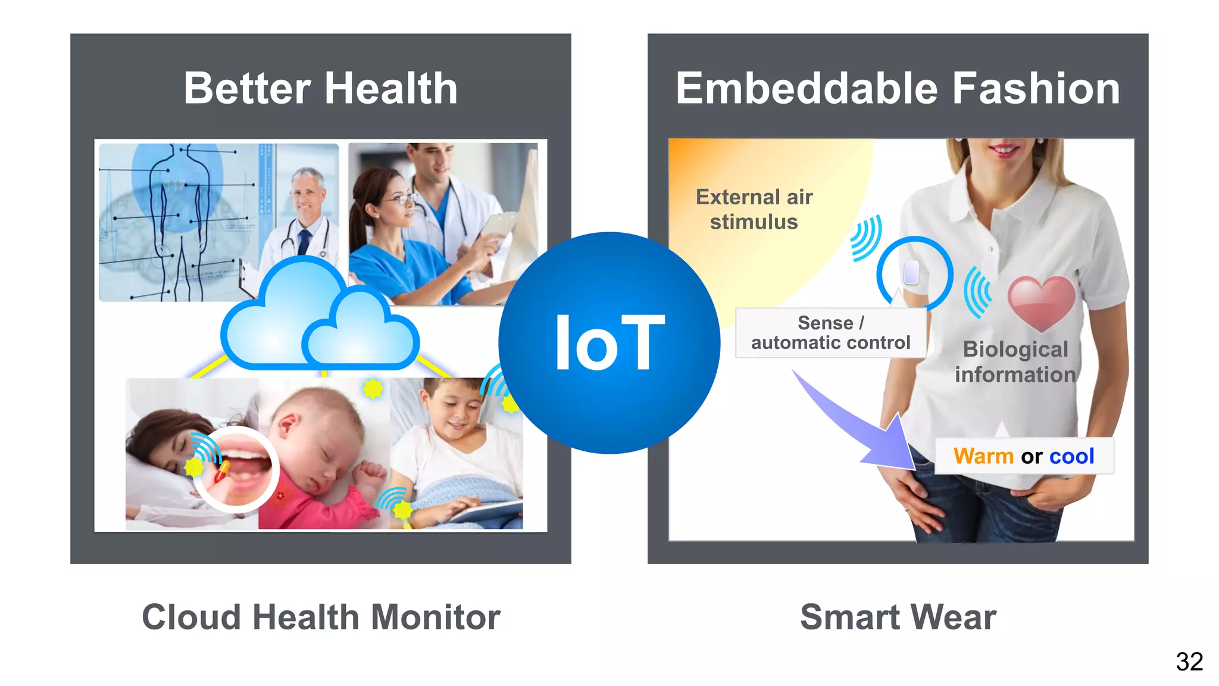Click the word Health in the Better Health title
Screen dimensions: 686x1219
(391, 89)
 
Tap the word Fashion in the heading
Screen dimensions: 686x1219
(1036, 89)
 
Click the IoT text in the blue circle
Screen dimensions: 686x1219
(609, 344)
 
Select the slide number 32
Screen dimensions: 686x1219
(1189, 662)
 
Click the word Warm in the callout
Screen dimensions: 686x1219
(983, 456)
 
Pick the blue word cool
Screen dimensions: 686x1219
(1071, 456)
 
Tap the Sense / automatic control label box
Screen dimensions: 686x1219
(830, 333)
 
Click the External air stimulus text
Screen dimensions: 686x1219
(754, 209)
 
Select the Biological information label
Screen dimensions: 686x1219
(1015, 362)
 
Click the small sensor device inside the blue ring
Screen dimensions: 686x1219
(911, 273)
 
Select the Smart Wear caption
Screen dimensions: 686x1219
(898, 617)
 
